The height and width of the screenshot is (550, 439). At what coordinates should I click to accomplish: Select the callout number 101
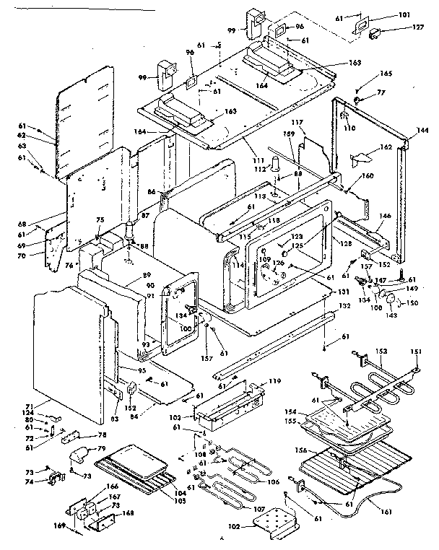[x=400, y=14]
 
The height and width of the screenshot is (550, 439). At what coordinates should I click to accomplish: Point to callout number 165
[x=386, y=73]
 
